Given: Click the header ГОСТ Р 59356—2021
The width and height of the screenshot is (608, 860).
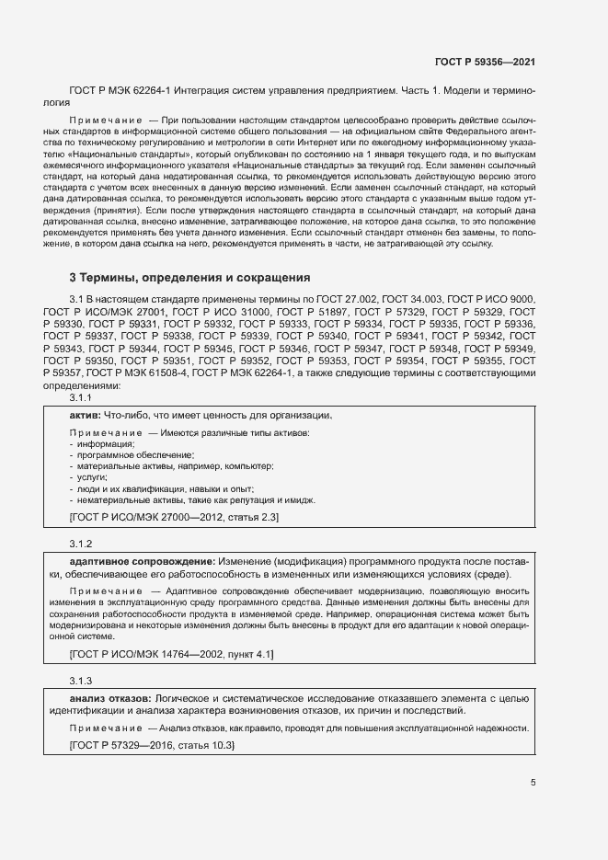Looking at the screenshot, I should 484,62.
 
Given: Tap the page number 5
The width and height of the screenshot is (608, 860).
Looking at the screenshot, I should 533,783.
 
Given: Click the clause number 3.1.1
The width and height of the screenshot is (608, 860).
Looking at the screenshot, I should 82,398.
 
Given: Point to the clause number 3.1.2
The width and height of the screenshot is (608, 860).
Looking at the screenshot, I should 82,543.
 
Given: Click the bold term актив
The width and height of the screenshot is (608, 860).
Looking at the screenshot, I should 85,416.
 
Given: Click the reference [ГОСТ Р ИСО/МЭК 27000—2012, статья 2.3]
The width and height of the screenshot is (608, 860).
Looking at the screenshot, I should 174,519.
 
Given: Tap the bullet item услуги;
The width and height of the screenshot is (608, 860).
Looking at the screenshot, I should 92,478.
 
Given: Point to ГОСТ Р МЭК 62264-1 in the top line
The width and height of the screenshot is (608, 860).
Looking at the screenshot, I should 124,92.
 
